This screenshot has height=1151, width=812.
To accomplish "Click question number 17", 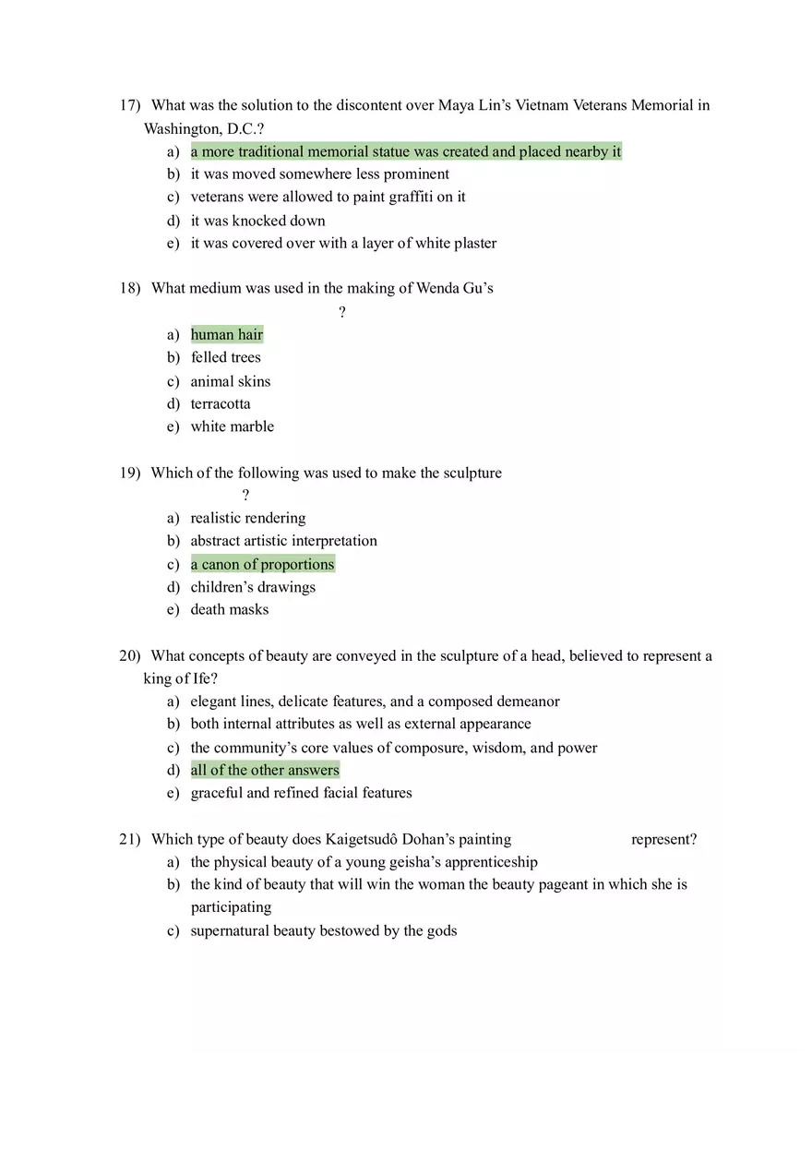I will (129, 105).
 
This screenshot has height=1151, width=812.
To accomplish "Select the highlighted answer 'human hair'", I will (227, 335).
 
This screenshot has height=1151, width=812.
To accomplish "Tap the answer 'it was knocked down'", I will (257, 221).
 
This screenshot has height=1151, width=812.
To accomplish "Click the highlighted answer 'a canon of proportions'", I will (263, 565).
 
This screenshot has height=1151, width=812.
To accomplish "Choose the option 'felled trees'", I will (225, 358).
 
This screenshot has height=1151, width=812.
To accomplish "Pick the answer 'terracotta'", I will (221, 404).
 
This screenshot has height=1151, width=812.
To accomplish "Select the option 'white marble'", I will (232, 426).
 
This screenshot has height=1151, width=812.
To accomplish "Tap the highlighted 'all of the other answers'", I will (265, 771).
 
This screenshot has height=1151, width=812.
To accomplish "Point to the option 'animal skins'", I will (231, 381).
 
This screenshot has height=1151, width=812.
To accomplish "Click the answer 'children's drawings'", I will (253, 587).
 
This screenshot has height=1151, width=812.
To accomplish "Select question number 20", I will (129, 656).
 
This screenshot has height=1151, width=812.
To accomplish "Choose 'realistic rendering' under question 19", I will (248, 519).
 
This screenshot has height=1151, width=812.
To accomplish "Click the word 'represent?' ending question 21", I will (663, 840).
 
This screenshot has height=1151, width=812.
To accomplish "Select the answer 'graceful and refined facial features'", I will (301, 793).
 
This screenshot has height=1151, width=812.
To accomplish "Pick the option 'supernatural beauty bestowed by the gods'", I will (323, 930).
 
